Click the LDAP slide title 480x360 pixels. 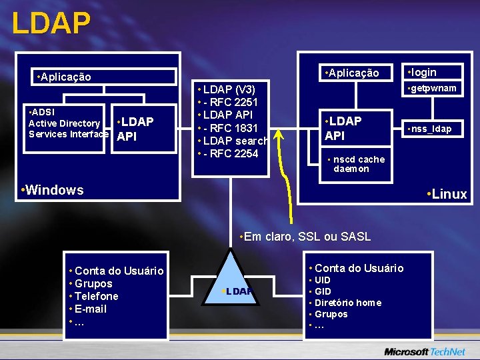coord(51,23)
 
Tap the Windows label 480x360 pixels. coord(53,190)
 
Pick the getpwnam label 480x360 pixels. coord(434,89)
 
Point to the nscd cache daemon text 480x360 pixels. coord(357,164)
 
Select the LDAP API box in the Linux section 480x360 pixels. coord(343,129)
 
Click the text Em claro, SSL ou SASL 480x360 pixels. coord(304,237)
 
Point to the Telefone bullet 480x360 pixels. coord(96,296)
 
